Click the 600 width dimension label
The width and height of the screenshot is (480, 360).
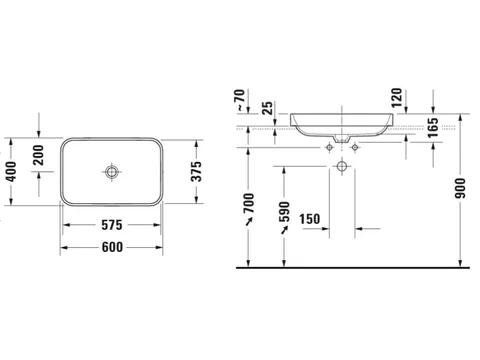tap(112, 247)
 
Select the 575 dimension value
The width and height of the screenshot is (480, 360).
tap(112, 225)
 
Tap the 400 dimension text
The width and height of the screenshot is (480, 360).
tap(11, 172)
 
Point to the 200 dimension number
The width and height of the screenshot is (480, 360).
tap(39, 155)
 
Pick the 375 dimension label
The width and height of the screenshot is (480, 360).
tap(196, 171)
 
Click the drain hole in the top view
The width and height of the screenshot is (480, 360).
tap(111, 172)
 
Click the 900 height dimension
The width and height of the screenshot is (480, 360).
tap(460, 188)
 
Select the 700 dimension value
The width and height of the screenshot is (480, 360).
tap(249, 203)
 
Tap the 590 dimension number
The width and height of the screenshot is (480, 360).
tap(284, 212)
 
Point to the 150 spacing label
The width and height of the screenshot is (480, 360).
tap(310, 219)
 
